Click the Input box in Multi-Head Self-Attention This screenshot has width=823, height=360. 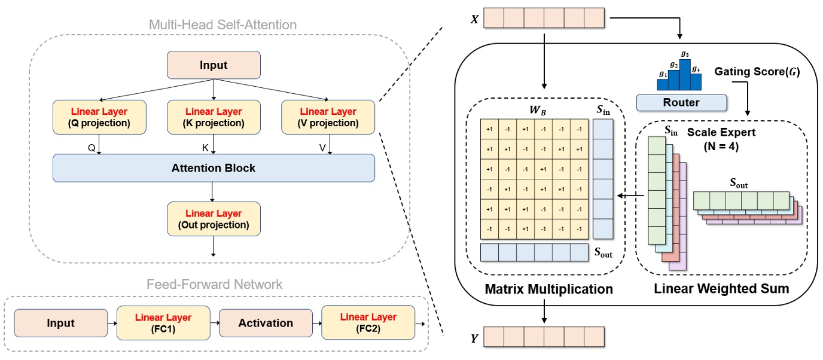tap(214, 65)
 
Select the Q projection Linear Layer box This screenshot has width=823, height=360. tap(99, 117)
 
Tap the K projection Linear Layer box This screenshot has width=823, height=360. tap(214, 117)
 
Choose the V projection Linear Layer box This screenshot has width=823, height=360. tap(328, 117)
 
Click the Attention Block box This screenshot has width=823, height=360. tap(214, 168)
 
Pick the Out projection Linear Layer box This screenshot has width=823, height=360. tap(214, 219)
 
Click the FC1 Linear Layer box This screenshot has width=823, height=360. tap(163, 322)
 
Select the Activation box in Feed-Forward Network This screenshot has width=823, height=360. tap(266, 323)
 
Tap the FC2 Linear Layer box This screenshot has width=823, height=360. tap(368, 322)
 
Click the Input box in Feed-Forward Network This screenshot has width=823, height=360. tap(60, 323)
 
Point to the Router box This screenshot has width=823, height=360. tap(681, 103)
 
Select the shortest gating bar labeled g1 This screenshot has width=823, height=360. tap(663, 84)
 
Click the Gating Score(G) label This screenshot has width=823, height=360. tap(757, 72)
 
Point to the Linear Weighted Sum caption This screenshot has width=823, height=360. tap(722, 289)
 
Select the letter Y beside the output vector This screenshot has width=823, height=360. tap(474, 338)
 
